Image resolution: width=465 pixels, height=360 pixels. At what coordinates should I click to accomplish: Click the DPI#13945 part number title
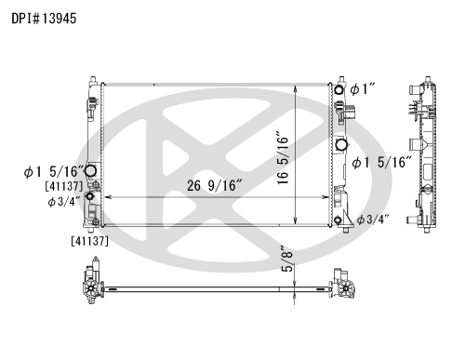click(44, 19)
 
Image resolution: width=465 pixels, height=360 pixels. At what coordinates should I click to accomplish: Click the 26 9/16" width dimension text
click(214, 185)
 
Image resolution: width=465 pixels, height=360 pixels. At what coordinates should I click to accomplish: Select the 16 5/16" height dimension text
click(283, 158)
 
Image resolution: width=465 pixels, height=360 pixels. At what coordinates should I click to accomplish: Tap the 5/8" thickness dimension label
click(287, 259)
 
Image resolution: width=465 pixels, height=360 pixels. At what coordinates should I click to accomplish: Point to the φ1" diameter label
click(363, 89)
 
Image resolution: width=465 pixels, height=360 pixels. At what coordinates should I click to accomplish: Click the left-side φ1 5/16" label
click(54, 171)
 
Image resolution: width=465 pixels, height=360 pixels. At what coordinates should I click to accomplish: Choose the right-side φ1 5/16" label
click(382, 162)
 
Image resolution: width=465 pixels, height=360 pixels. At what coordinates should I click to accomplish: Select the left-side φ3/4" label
click(64, 202)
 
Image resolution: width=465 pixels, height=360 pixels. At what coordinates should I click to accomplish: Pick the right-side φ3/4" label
click(373, 220)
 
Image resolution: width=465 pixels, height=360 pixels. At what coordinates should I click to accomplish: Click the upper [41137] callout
click(64, 186)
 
